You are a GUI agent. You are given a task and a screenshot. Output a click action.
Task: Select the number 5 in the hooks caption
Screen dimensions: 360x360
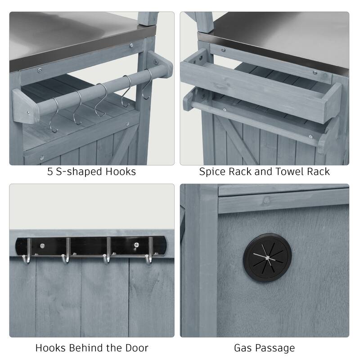(x=50, y=171)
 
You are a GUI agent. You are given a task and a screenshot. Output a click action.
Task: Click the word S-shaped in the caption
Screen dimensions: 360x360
(x=79, y=171)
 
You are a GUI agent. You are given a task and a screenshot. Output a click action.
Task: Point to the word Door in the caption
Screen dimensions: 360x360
(x=136, y=348)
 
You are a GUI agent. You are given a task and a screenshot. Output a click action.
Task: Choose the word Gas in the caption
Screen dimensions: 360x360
(x=243, y=348)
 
